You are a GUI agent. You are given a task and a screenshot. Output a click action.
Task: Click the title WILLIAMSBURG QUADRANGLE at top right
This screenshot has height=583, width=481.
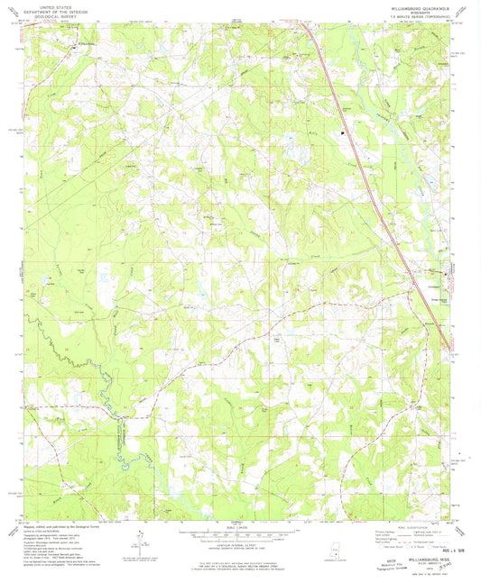409,6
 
